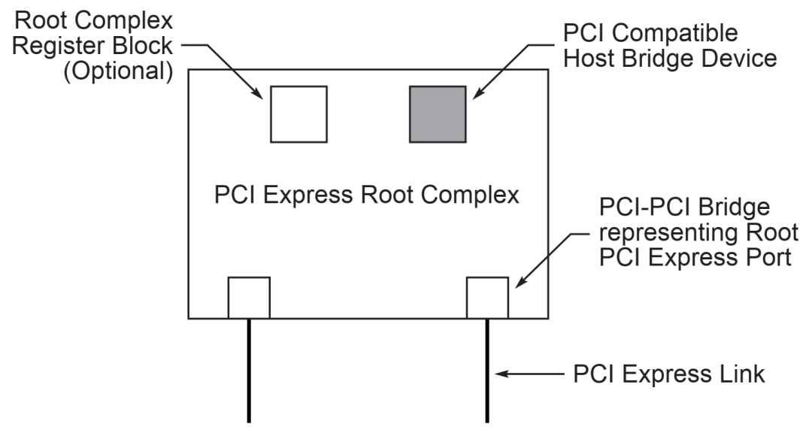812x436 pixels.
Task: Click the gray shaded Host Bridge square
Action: point(438,114)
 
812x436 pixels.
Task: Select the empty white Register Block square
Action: point(298,114)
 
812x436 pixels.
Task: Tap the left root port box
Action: point(249,297)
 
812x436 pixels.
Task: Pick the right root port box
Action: point(487,297)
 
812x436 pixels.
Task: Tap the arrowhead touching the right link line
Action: point(498,374)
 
